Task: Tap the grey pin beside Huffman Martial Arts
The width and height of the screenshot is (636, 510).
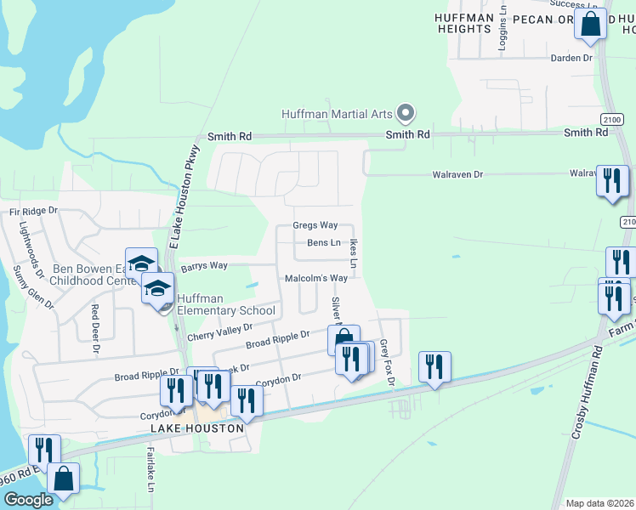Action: (x=406, y=113)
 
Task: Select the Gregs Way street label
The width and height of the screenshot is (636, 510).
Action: (x=315, y=225)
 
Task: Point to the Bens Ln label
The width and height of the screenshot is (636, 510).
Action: (x=323, y=243)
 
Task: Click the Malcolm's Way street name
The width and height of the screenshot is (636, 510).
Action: (x=315, y=278)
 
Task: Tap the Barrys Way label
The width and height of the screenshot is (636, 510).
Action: (x=203, y=266)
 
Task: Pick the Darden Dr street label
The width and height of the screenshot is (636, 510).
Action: (x=571, y=58)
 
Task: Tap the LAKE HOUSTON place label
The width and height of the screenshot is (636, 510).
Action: (x=197, y=429)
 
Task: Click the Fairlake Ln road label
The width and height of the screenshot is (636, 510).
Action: (x=150, y=472)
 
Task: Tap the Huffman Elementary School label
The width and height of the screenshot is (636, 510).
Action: (x=226, y=304)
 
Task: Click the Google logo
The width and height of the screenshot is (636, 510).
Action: (x=28, y=500)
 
